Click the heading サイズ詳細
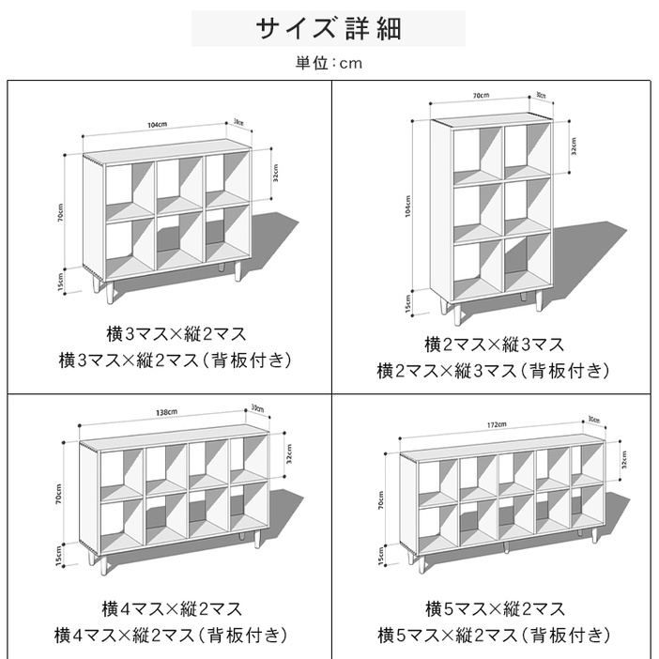coord(329,28)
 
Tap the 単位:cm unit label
coord(329,64)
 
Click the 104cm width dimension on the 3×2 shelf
coord(157,125)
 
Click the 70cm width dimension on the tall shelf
coord(480,96)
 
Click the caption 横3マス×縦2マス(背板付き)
coord(175,360)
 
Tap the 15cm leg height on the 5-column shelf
coord(381,556)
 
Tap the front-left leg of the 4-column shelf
coord(98,562)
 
